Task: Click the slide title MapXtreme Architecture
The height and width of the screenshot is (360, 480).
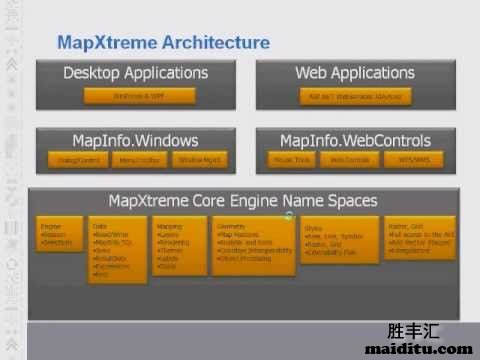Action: pos(163,42)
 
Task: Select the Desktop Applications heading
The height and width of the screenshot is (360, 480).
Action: pos(136,73)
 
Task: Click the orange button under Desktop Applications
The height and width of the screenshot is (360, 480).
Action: pos(137,96)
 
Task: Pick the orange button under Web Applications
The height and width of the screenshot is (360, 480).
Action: pos(354,96)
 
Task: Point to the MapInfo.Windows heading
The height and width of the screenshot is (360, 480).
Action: pos(136,141)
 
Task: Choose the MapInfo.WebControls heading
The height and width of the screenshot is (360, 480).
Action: pos(355,141)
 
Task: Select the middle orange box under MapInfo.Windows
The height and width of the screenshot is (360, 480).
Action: pos(135,159)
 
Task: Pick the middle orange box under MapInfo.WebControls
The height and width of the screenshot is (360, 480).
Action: pos(350,159)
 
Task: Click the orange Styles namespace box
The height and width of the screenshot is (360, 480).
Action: pos(327,240)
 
